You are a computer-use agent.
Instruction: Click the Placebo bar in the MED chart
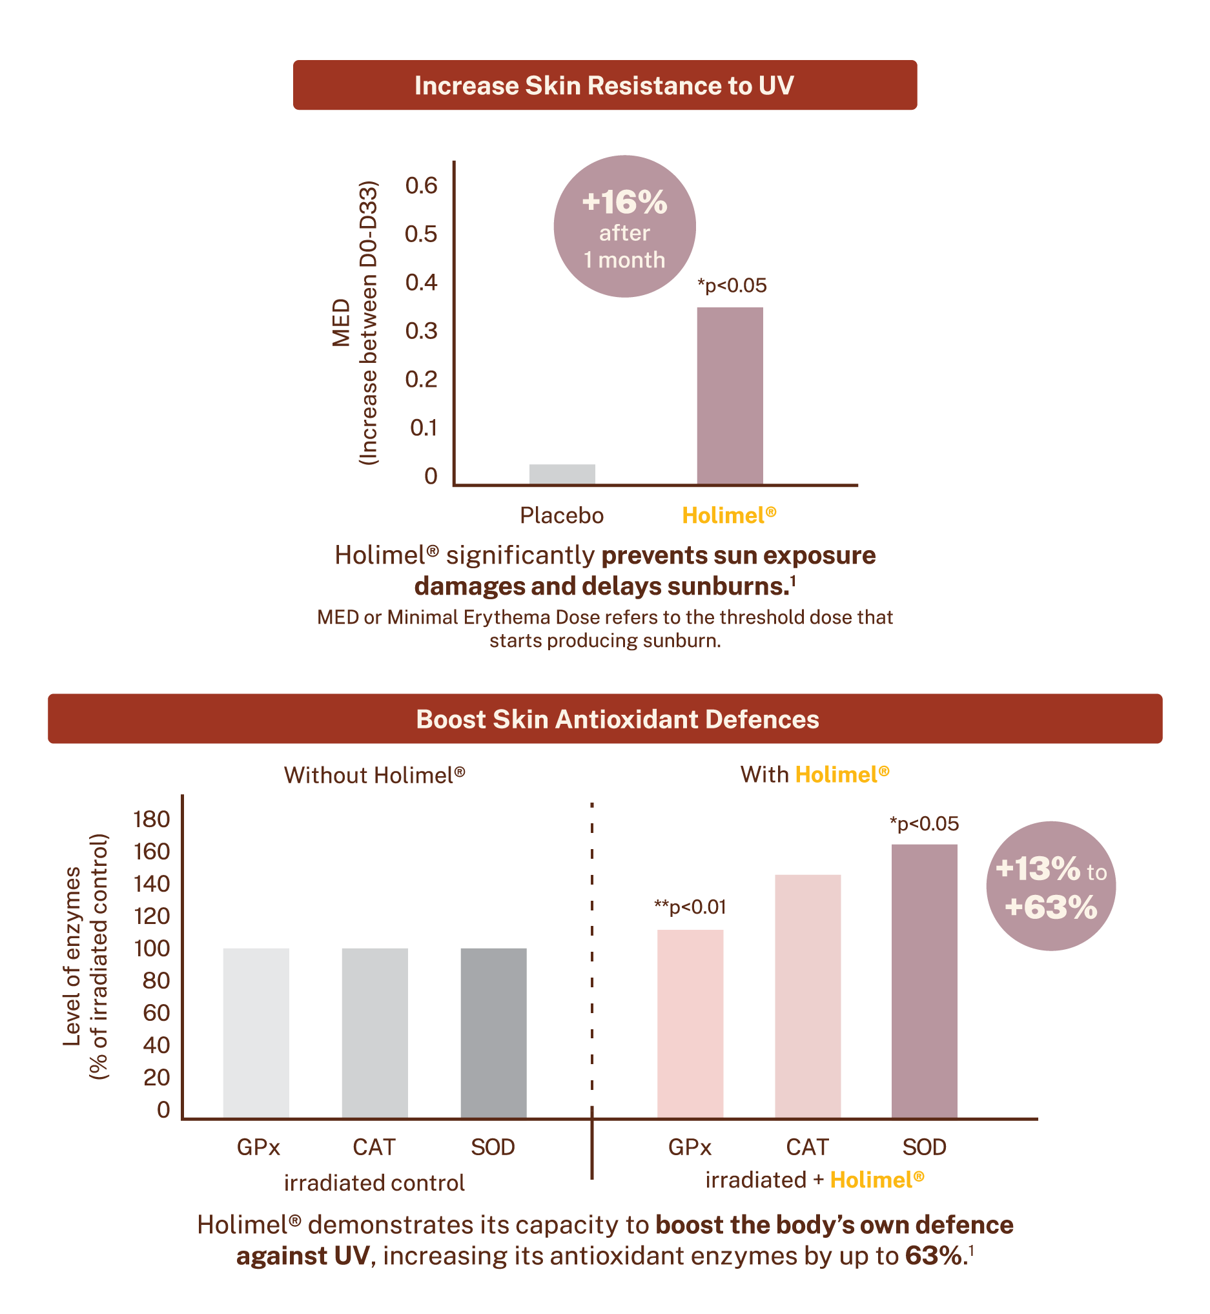tap(562, 474)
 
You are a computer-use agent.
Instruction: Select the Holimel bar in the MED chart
tap(730, 395)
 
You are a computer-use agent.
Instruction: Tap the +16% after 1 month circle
tap(624, 227)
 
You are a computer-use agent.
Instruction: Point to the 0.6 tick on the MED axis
tap(421, 186)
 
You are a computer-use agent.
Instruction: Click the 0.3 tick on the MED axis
tap(421, 331)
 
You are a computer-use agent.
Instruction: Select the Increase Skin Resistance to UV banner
tap(604, 86)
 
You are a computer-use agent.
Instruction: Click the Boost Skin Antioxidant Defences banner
tap(604, 719)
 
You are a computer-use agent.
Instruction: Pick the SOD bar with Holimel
tap(924, 980)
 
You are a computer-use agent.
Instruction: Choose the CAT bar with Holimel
tap(807, 995)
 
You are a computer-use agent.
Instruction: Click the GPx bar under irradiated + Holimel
tap(690, 1023)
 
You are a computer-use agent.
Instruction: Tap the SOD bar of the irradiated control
tap(493, 1032)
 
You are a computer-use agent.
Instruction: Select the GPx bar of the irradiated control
tap(255, 1032)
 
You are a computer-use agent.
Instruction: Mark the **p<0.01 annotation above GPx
tap(690, 907)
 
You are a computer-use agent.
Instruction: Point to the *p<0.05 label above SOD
tap(924, 824)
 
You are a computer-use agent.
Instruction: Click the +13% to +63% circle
tap(1051, 886)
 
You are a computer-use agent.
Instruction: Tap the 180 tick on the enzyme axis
tap(151, 819)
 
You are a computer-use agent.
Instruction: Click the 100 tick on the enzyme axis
tap(151, 949)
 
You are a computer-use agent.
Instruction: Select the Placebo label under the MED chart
tap(561, 516)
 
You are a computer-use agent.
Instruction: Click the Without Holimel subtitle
tap(374, 775)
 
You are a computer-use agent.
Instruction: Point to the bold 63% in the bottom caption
tap(933, 1256)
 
